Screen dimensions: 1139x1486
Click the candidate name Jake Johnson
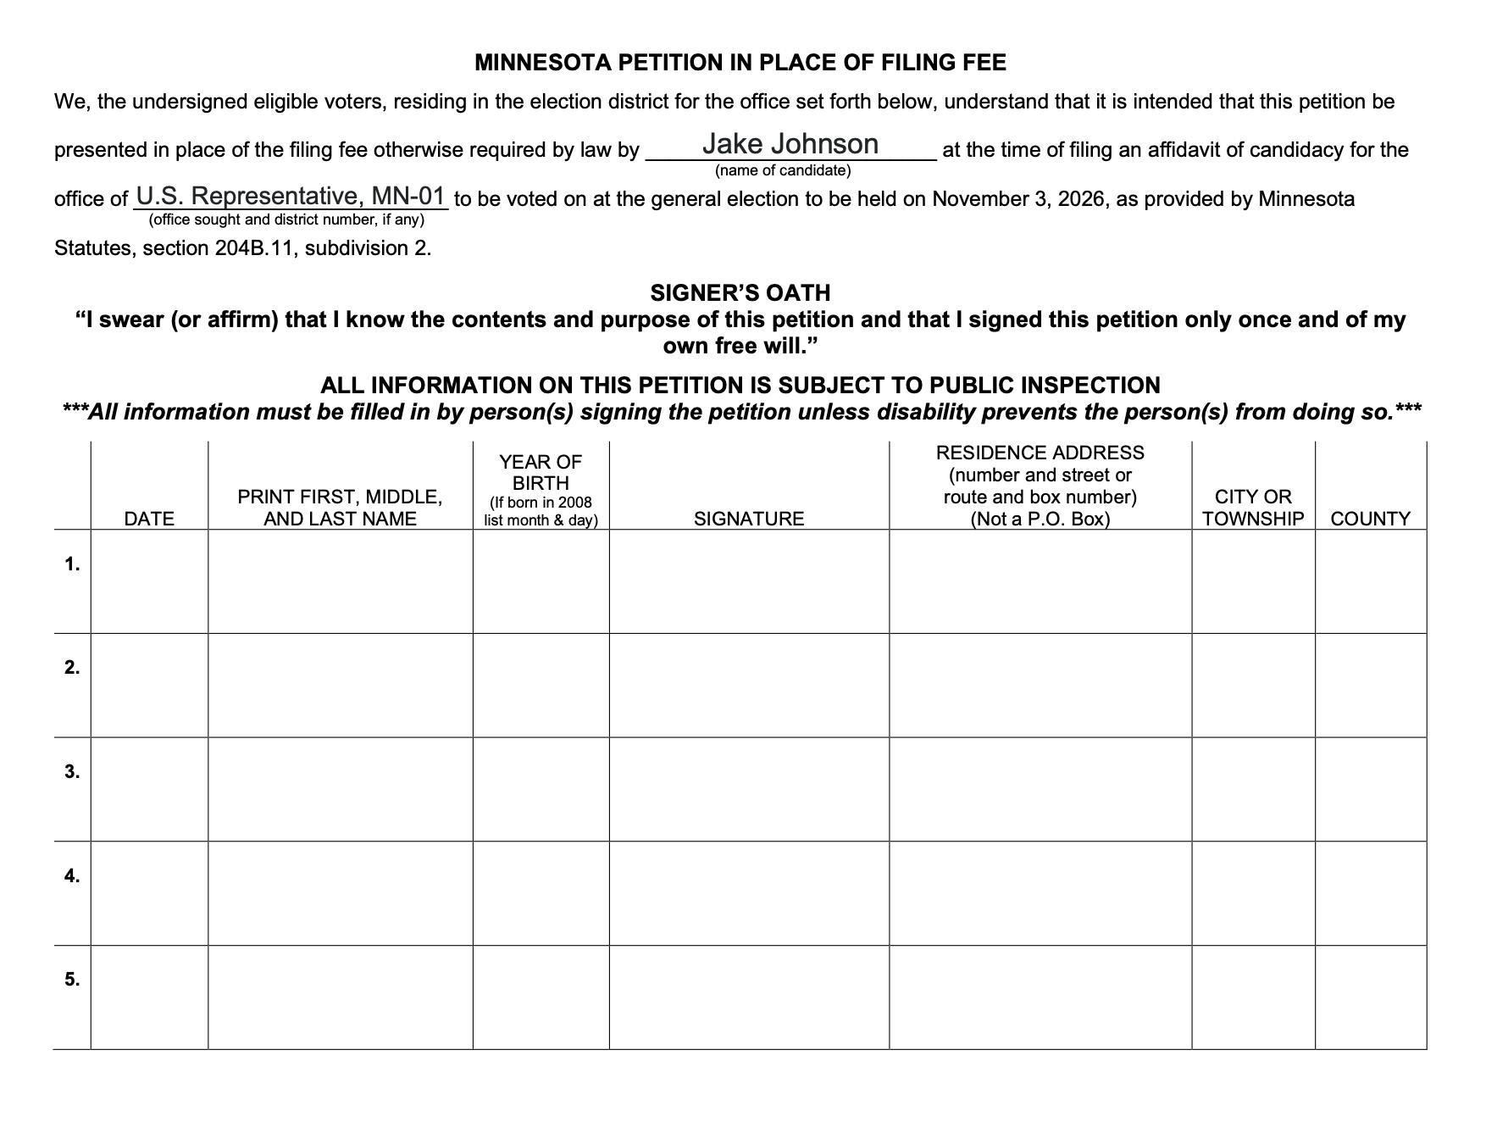pos(790,144)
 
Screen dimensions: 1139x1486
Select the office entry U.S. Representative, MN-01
pos(291,197)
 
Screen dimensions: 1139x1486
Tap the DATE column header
pos(149,519)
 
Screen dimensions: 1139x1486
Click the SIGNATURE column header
pos(749,519)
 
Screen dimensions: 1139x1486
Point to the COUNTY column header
pos(1370,519)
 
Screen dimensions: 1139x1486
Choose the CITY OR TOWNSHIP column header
pos(1253,508)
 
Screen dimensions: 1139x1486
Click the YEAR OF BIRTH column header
pos(541,473)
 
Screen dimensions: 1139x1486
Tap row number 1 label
pos(72,564)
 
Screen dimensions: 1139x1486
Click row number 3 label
pos(72,772)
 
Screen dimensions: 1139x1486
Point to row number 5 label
pos(72,980)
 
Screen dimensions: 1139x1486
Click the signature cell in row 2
pos(749,685)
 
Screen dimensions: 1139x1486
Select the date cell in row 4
pos(149,893)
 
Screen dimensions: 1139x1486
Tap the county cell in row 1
pos(1371,581)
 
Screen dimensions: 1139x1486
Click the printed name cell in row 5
pos(340,997)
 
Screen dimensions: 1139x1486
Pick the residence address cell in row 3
pos(1040,789)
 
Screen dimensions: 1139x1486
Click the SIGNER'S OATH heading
pos(740,293)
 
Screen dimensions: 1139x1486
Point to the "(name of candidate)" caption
pos(783,171)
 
